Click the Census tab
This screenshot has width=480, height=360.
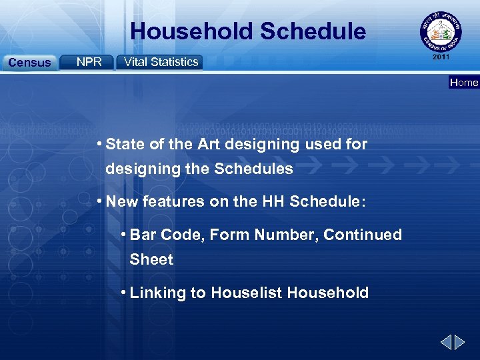29,63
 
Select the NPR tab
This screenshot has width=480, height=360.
89,62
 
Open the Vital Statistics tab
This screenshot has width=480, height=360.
161,62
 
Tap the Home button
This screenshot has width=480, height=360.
464,83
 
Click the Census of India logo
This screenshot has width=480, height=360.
439,33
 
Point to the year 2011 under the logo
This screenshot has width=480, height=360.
441,57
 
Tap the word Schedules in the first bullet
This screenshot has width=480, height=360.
253,169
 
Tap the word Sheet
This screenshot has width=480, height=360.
151,259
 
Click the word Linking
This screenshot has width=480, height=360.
157,293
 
